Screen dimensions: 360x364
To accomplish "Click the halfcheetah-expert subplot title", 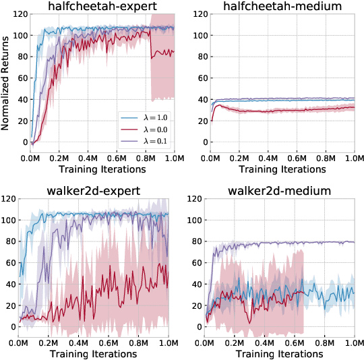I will coord(98,7).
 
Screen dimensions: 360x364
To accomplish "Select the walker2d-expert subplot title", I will coord(98,191).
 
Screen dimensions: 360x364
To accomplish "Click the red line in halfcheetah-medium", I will coord(283,109).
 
